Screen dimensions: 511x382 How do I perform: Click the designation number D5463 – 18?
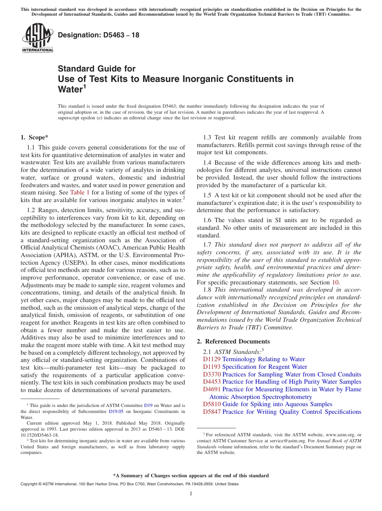(x=99, y=35)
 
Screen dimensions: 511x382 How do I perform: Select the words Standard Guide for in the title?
(x=97, y=69)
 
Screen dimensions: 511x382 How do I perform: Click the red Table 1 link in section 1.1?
(x=80, y=192)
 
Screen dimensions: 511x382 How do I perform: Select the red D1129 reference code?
(x=212, y=359)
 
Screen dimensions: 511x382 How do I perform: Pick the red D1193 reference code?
(x=212, y=367)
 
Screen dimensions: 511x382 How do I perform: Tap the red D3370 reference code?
(x=212, y=374)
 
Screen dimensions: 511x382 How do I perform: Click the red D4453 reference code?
(x=212, y=382)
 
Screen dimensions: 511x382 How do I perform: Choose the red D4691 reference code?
(x=212, y=389)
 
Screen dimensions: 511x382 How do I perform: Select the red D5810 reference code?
(x=212, y=404)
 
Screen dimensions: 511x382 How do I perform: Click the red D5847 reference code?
(x=212, y=412)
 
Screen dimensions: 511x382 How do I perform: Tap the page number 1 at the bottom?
(x=191, y=494)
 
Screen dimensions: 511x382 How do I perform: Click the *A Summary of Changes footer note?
(x=191, y=476)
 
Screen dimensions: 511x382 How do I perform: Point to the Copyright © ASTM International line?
(x=129, y=484)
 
